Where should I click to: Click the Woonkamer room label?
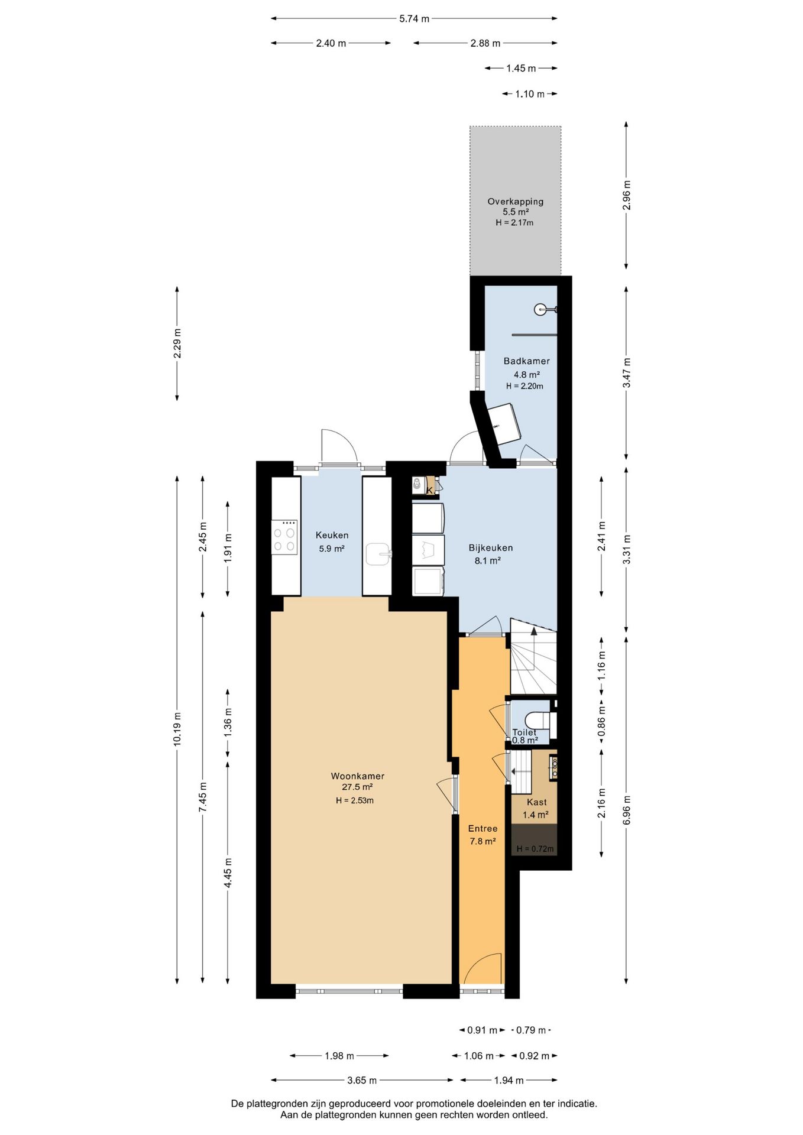(x=357, y=776)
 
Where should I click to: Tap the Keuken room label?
(x=332, y=535)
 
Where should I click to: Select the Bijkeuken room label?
(x=491, y=547)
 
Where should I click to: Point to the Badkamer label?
(x=526, y=361)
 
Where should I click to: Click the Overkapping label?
(x=515, y=201)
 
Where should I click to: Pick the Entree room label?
(x=483, y=828)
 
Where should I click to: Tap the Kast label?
(x=536, y=802)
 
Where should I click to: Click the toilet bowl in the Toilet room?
(x=540, y=721)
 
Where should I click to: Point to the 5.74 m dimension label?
(x=414, y=18)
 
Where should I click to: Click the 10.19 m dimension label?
(x=177, y=729)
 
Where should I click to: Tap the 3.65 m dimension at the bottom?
(x=361, y=1080)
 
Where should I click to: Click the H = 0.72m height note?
(x=535, y=849)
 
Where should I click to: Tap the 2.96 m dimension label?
(x=627, y=195)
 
